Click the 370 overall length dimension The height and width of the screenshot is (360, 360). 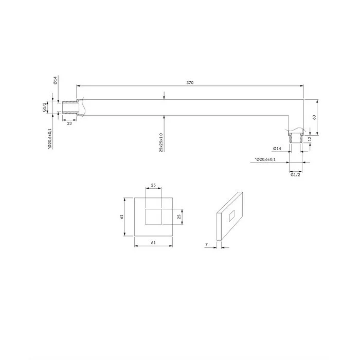pos(190,83)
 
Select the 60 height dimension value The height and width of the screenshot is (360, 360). pos(314,117)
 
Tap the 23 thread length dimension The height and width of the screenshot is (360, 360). pos(69,123)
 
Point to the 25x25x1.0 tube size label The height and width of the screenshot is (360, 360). pos(161,142)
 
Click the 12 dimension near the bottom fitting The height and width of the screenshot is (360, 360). pos(310,139)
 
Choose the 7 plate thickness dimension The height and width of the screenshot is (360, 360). pos(206,244)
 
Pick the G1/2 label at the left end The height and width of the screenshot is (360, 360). pos(44,107)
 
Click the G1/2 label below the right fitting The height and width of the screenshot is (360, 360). pos(295,175)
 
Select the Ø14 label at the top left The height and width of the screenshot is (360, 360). pos(55,80)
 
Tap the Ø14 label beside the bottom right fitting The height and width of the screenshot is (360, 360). pos(277,149)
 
